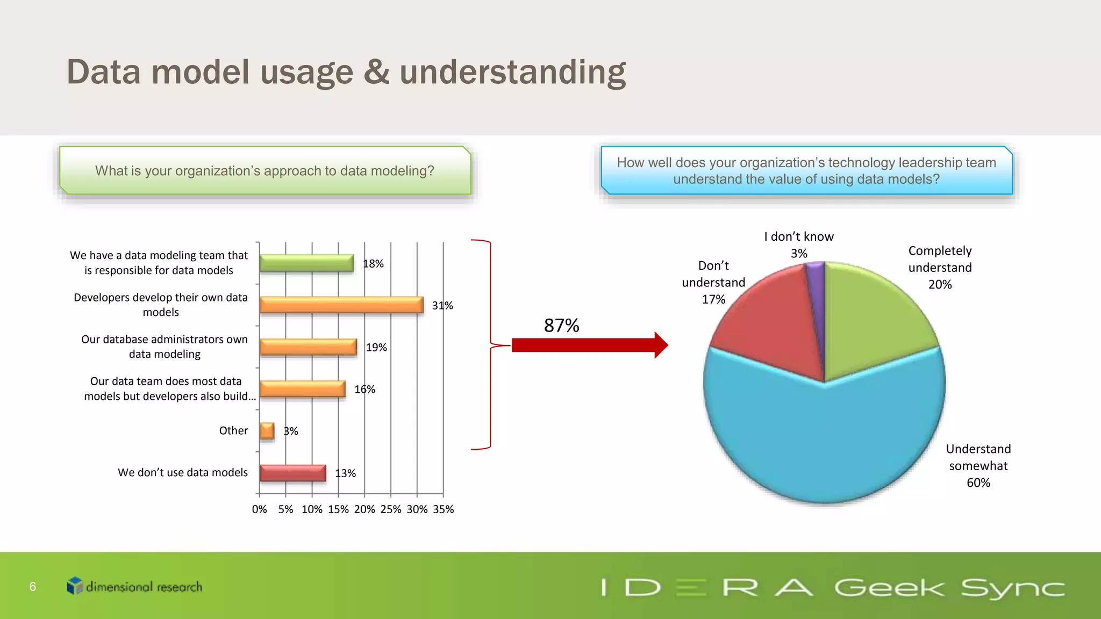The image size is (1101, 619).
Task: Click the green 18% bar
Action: click(x=306, y=263)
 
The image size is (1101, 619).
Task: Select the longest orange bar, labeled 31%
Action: click(x=341, y=305)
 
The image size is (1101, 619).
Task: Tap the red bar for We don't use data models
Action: click(x=292, y=473)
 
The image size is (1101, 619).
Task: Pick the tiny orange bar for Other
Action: click(x=267, y=430)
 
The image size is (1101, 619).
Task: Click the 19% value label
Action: click(x=376, y=348)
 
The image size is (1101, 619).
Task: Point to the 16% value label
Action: click(x=364, y=390)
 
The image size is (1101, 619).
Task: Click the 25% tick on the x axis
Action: click(x=391, y=509)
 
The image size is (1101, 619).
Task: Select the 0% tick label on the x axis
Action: click(x=259, y=509)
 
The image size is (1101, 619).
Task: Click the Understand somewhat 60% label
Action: click(x=978, y=465)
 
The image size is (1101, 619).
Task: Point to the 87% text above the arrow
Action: click(x=561, y=326)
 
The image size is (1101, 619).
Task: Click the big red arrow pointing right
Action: click(x=589, y=345)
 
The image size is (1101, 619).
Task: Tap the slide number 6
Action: click(x=33, y=587)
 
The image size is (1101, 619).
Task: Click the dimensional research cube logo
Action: click(x=75, y=586)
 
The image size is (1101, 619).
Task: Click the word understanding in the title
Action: click(x=512, y=72)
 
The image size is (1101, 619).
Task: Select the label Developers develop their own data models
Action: click(x=161, y=305)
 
